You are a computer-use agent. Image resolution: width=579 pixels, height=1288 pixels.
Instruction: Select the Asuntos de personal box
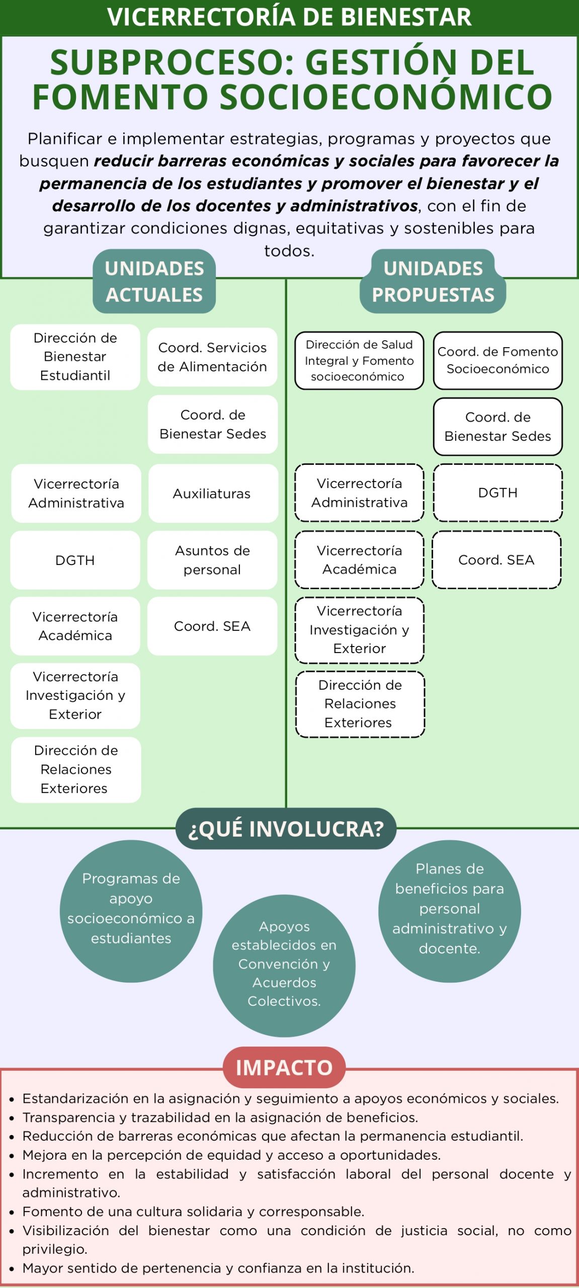[212, 560]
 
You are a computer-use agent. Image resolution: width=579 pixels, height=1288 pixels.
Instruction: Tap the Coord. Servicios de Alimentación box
[212, 357]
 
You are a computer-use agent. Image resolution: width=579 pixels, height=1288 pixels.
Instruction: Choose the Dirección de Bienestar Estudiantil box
[75, 357]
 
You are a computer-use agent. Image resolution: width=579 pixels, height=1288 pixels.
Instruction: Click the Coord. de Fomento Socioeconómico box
[498, 360]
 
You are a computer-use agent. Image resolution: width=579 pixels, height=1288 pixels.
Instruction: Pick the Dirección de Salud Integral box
[359, 360]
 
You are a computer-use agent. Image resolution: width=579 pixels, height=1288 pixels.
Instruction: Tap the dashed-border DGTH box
[498, 493]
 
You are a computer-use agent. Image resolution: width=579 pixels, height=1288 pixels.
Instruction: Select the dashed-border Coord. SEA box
[497, 559]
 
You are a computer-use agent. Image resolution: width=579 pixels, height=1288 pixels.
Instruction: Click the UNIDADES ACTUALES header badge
[154, 281]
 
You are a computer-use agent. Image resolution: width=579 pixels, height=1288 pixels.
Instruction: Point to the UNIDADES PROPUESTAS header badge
[433, 281]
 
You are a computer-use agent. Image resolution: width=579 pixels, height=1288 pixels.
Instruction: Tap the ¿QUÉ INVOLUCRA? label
[286, 829]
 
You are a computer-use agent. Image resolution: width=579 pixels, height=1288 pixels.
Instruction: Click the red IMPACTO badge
[284, 1067]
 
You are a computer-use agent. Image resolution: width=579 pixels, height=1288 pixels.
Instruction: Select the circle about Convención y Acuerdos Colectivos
[284, 965]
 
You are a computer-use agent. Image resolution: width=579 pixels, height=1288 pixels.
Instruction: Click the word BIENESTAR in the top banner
[406, 17]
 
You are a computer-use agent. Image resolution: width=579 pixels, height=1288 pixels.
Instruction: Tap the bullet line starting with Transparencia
[220, 1117]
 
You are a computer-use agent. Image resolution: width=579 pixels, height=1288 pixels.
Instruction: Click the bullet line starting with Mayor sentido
[218, 1268]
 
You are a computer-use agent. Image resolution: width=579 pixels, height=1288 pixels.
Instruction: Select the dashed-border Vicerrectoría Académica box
[359, 559]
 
